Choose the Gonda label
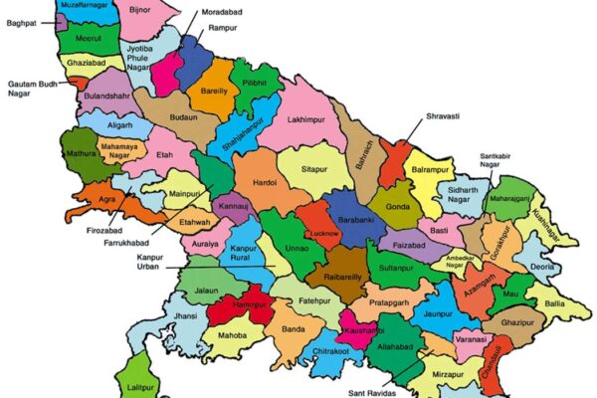399,206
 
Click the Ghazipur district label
517,324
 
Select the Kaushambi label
363,328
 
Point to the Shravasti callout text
442,116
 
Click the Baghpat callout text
21,23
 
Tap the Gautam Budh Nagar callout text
33,91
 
